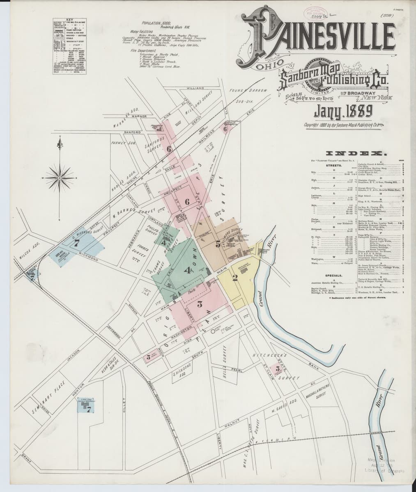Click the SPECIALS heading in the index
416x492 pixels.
tap(333, 275)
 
